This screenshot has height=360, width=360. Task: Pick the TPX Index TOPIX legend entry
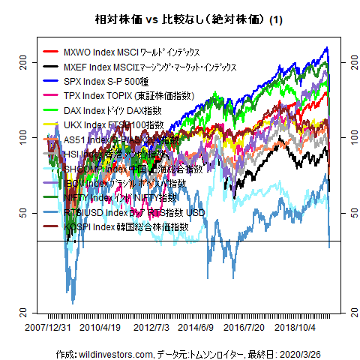[x=118, y=96]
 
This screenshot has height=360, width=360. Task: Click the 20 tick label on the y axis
[x=22, y=310]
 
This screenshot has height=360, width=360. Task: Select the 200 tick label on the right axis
[x=346, y=63]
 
